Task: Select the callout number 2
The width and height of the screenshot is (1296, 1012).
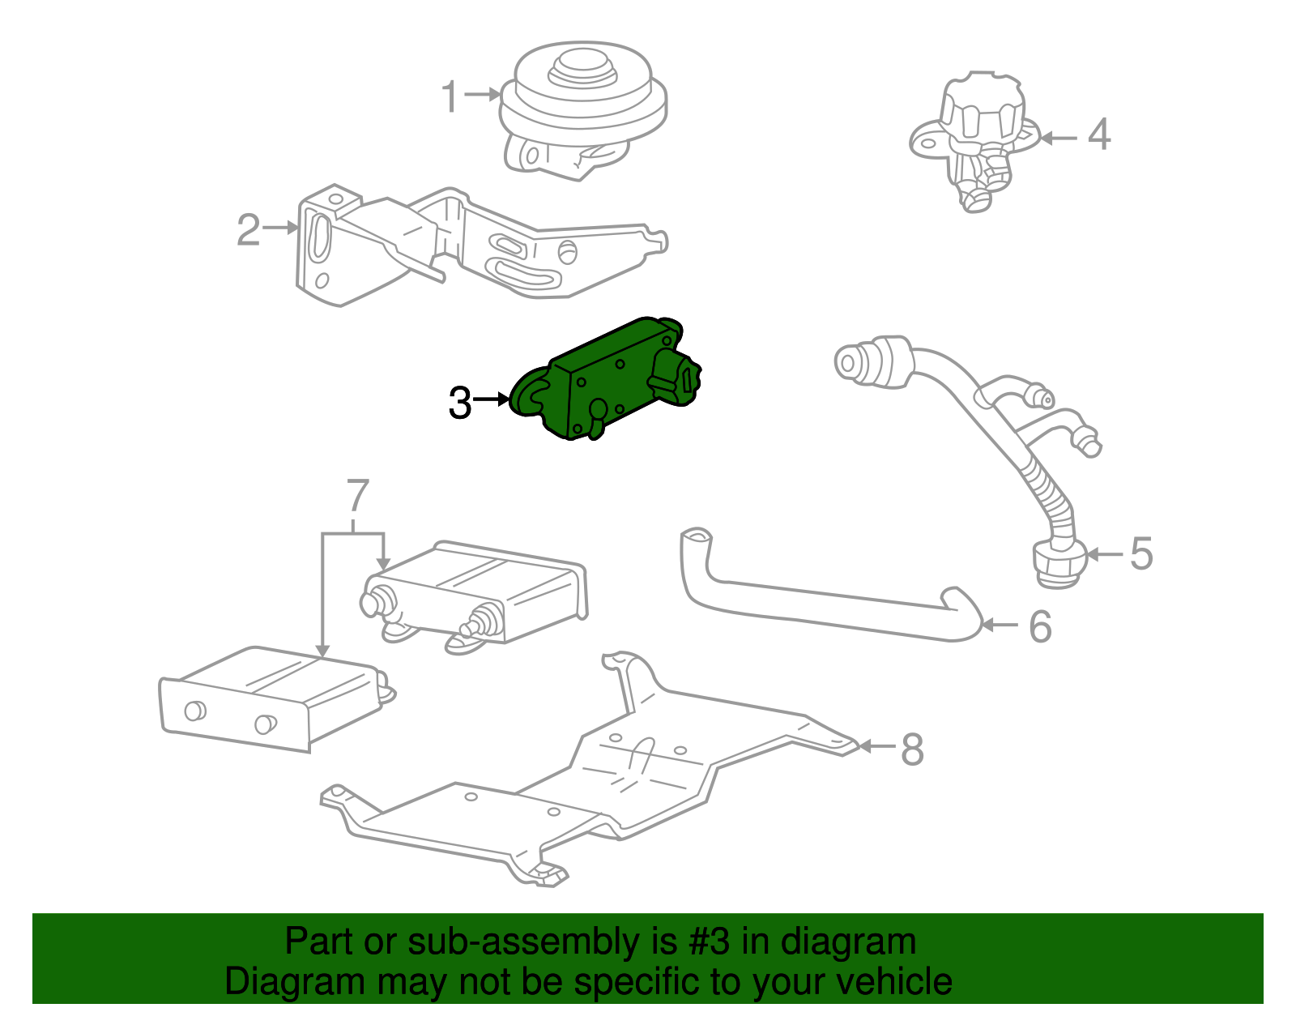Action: (248, 230)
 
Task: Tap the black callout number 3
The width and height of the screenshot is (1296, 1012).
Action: (459, 403)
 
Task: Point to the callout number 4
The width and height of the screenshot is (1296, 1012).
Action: (1098, 135)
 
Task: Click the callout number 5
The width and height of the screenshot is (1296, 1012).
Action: (1140, 554)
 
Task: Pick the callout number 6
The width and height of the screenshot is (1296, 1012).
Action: (1039, 627)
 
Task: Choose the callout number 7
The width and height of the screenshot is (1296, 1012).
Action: (357, 497)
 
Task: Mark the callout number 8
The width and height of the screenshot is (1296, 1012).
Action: (912, 749)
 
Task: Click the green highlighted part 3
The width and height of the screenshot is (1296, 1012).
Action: (616, 381)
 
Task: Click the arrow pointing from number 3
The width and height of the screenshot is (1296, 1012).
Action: (492, 399)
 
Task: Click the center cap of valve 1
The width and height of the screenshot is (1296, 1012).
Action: (580, 65)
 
